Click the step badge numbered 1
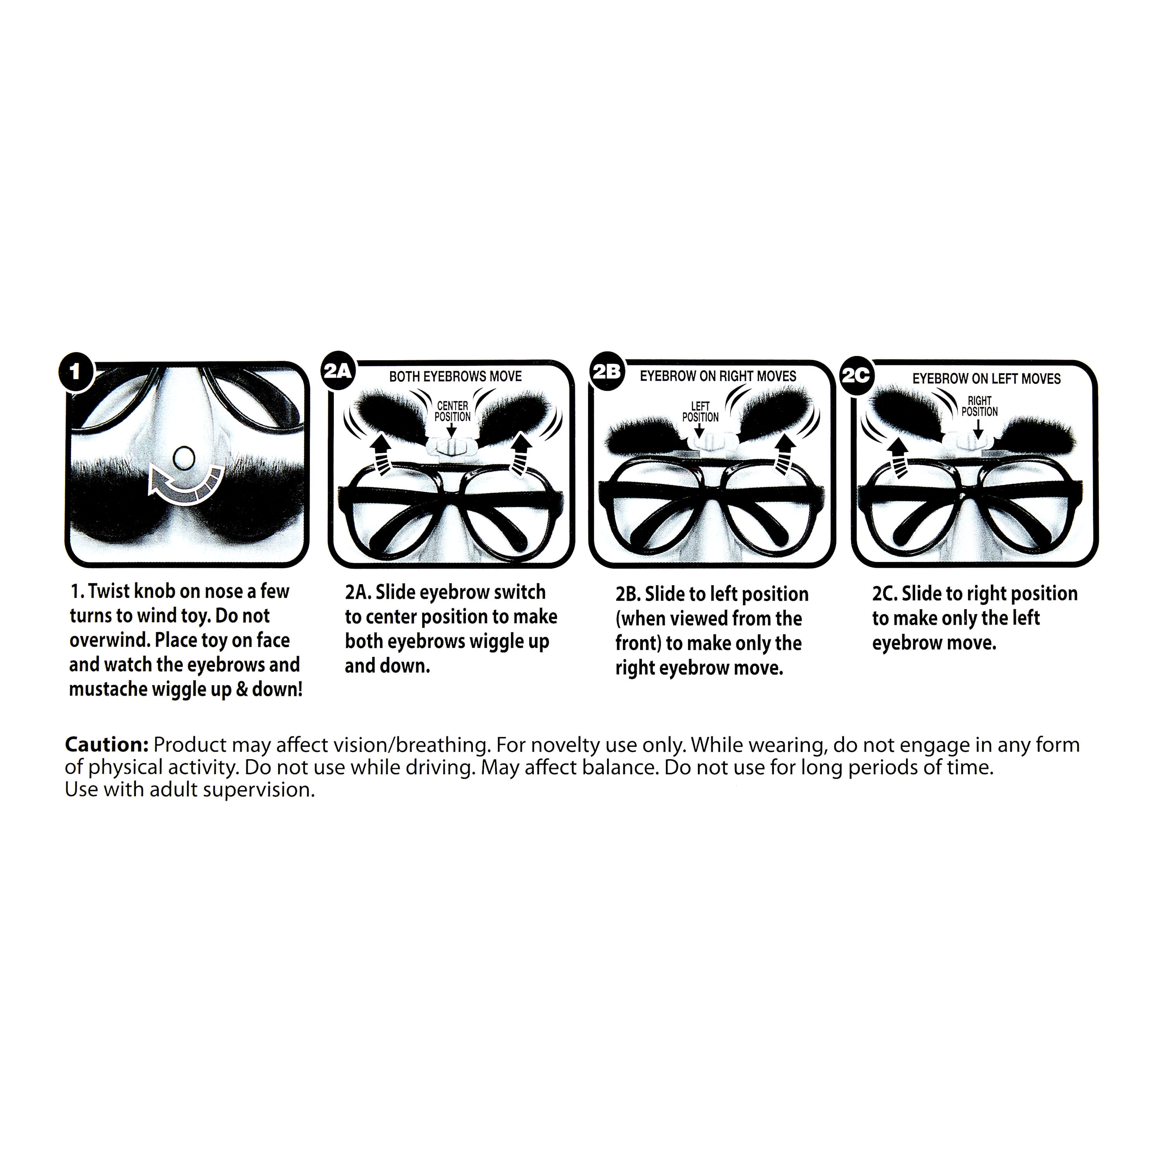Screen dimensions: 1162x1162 coord(75,371)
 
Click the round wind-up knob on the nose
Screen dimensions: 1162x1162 coord(184,459)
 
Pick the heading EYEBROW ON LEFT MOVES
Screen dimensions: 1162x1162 coord(987,379)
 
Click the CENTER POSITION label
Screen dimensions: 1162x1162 coord(452,411)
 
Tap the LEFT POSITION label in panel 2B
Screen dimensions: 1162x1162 coord(700,411)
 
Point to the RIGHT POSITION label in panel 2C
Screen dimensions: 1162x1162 coord(979,406)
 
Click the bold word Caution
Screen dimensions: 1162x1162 coord(107,744)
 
